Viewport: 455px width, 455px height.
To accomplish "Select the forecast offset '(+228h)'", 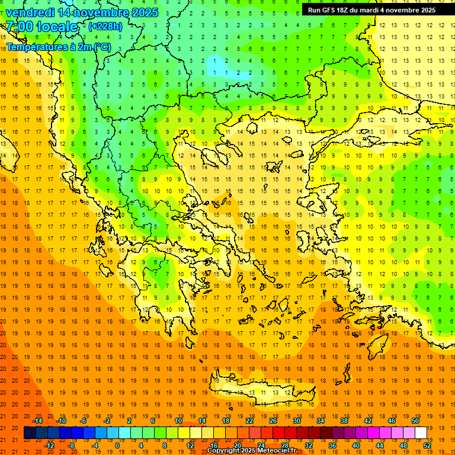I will pyautogui.click(x=105, y=26).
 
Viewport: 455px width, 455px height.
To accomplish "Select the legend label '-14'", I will pyautogui.click(x=37, y=421).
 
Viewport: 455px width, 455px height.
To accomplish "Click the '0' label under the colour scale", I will pyautogui.click(x=117, y=446).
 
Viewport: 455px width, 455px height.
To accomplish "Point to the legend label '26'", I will pyautogui.click(x=273, y=421).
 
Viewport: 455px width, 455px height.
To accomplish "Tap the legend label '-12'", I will pyautogui.click(x=49, y=446).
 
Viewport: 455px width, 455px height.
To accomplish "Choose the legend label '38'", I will pyautogui.click(x=344, y=421).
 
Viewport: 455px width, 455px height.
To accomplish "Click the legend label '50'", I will pyautogui.click(x=415, y=421).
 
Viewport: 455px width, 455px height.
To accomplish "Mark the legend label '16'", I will pyautogui.click(x=214, y=446).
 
